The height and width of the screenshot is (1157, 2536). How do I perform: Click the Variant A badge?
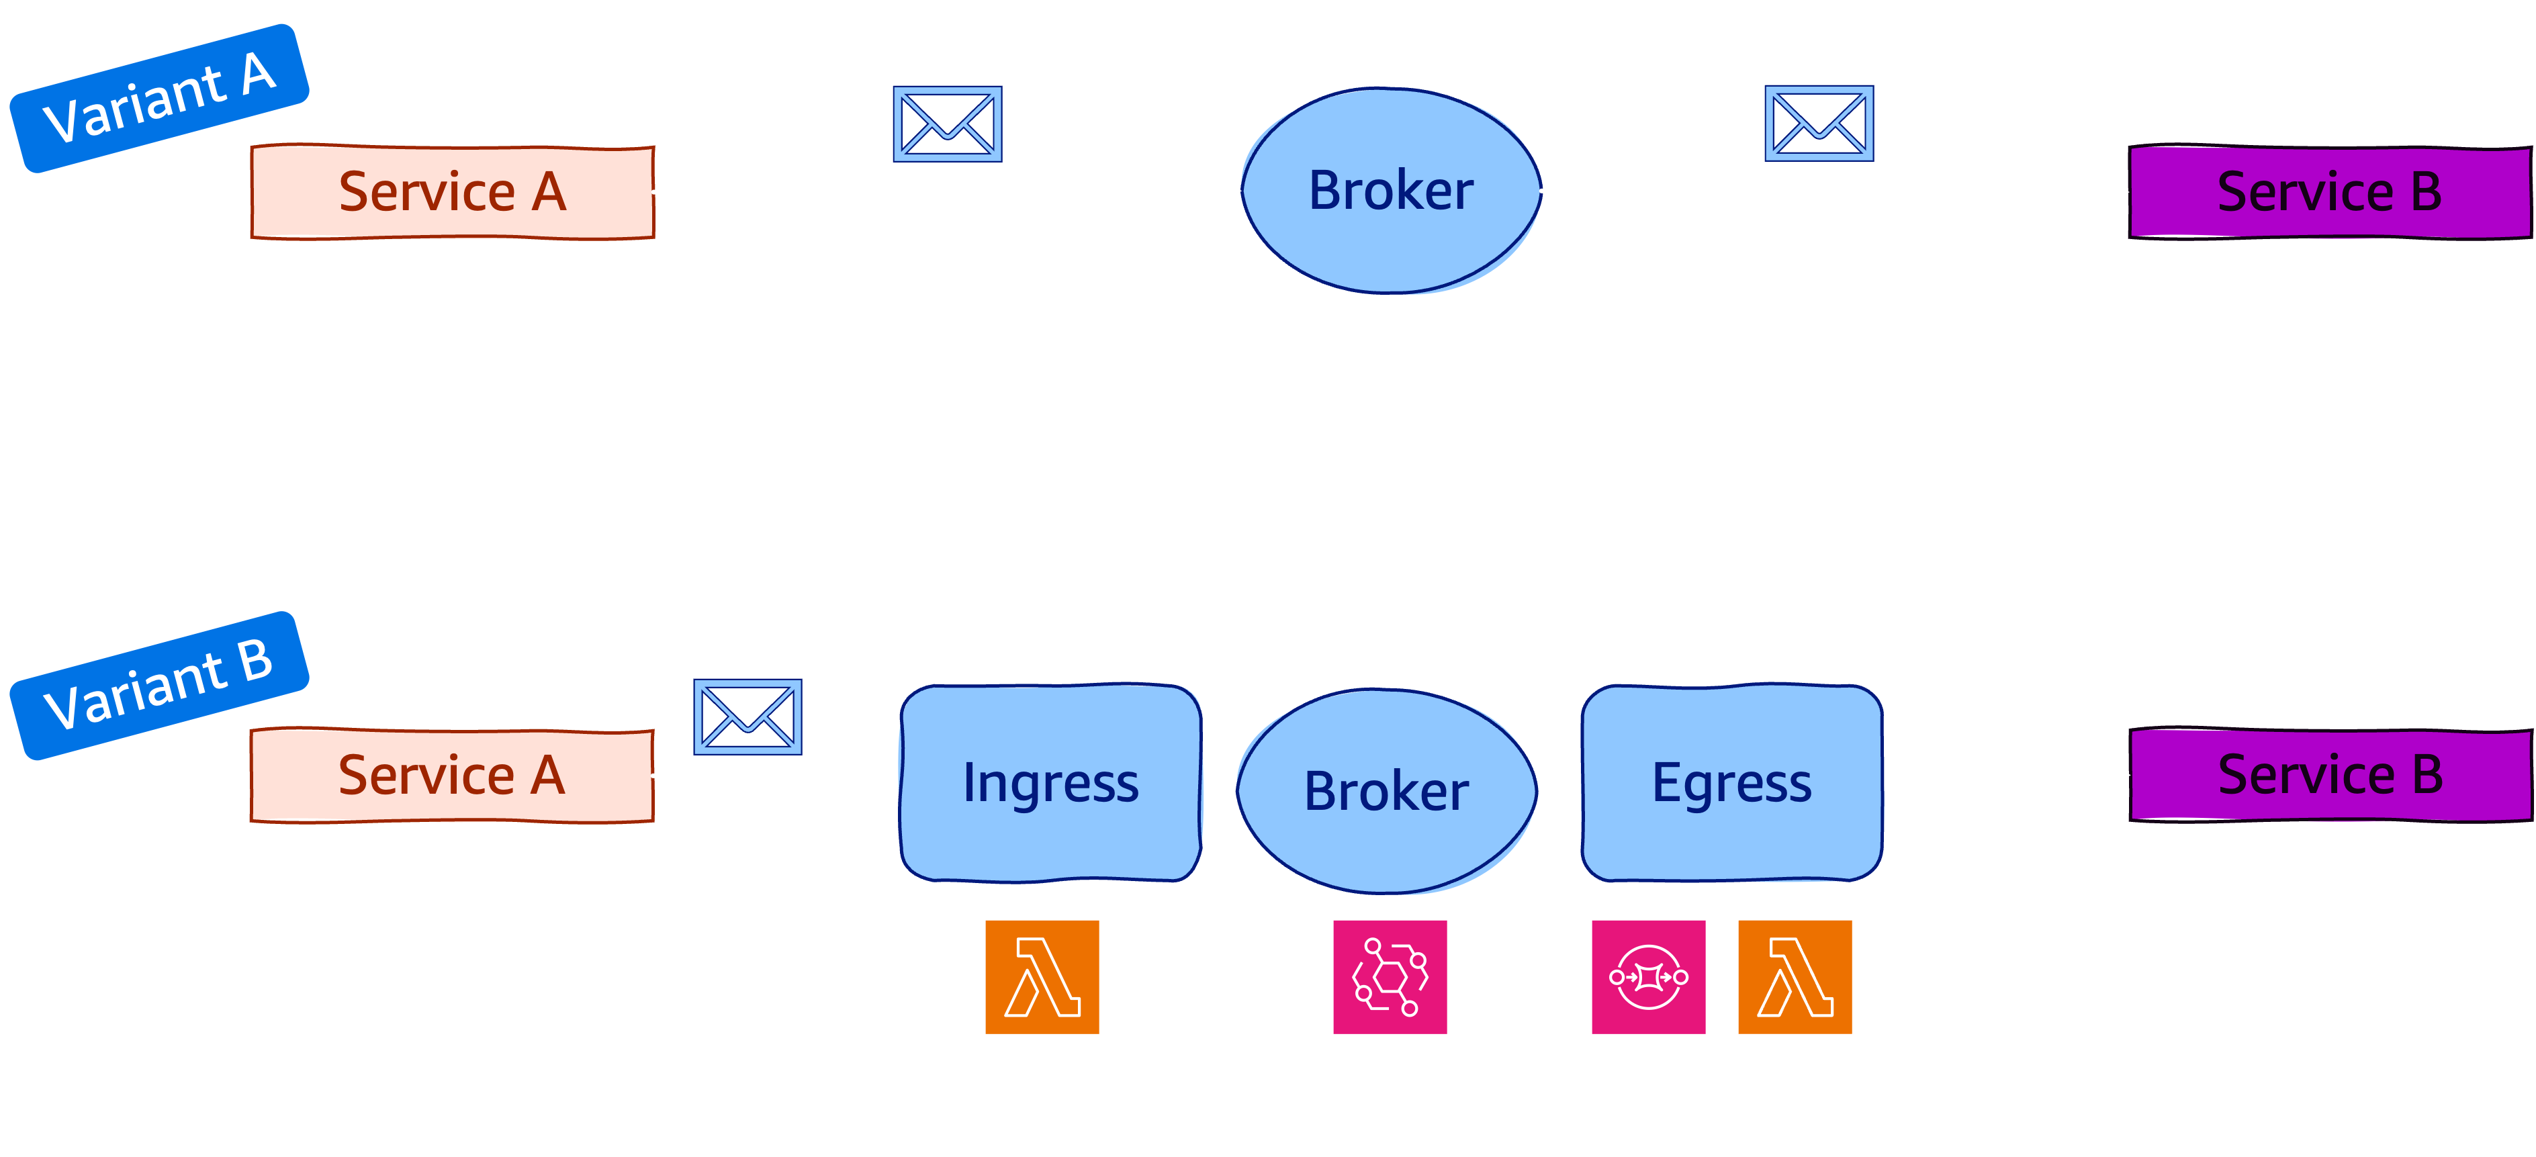(x=159, y=99)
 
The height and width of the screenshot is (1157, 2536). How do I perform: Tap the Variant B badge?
(x=159, y=686)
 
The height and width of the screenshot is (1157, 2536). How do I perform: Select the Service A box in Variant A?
(x=453, y=192)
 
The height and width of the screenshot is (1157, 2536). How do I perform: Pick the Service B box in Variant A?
(x=2329, y=192)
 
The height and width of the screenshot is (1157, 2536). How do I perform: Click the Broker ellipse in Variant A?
(x=1390, y=191)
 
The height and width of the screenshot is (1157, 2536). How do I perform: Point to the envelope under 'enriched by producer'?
(x=947, y=124)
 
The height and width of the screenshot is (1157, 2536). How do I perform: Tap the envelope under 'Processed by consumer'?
(x=1818, y=124)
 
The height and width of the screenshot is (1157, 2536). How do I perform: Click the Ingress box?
(x=1050, y=783)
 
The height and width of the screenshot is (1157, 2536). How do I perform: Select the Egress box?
(x=1731, y=783)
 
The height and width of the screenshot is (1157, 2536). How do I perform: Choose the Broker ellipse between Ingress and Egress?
(x=1386, y=791)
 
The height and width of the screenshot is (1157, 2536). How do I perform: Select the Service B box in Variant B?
(x=2329, y=775)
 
